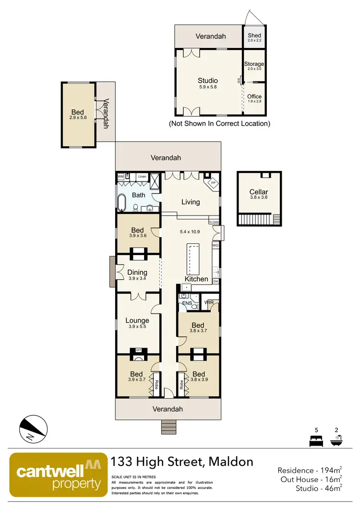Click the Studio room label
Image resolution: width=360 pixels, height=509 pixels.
208,80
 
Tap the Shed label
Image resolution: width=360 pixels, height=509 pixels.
254,36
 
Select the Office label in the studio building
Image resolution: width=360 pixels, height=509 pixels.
254,97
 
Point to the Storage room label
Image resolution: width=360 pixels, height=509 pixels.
254,64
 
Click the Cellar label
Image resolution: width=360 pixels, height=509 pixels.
258,192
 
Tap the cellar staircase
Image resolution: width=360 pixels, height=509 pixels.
259,220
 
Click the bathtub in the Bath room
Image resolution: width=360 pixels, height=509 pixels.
122,203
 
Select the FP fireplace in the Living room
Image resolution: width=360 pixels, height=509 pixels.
212,183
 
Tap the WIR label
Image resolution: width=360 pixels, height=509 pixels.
209,303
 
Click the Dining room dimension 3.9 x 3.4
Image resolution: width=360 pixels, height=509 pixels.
137,279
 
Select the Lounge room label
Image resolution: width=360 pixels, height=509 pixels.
137,320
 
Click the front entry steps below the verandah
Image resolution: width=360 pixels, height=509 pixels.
168,426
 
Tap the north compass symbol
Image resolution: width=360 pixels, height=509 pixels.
34,428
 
